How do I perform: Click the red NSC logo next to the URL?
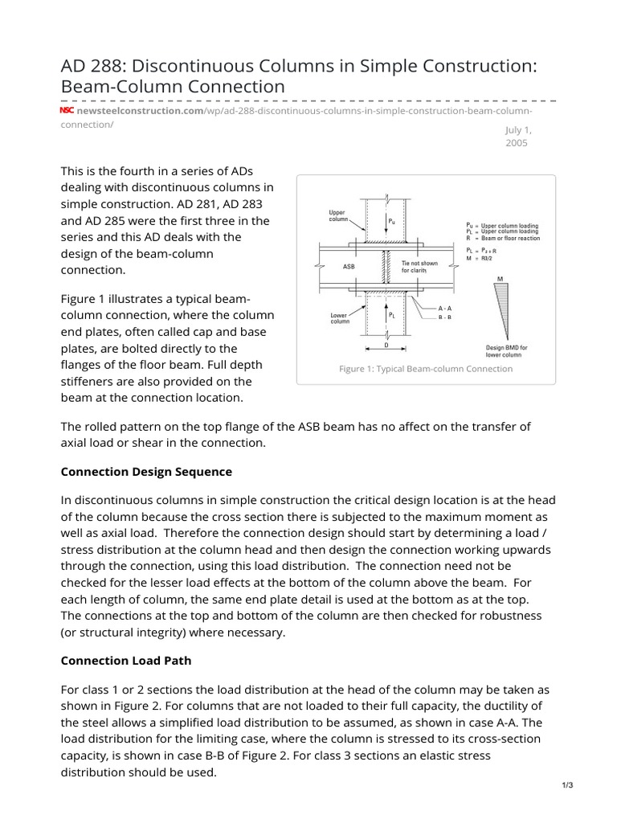click(67, 110)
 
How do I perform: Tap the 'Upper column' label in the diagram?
click(337, 216)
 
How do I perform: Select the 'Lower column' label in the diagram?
click(338, 318)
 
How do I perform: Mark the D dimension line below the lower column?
click(386, 349)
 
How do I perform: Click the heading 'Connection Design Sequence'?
click(146, 471)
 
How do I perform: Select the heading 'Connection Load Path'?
click(125, 660)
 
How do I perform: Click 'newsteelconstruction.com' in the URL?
click(141, 110)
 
